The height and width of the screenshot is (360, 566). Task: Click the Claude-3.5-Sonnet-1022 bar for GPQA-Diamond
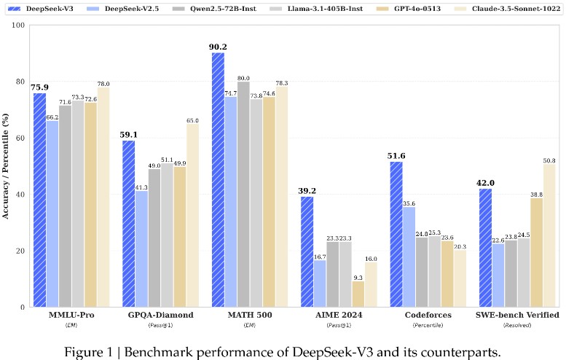click(x=192, y=216)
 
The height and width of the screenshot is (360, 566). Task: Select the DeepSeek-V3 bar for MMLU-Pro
click(x=39, y=200)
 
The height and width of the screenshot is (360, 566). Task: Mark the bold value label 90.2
click(x=218, y=47)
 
